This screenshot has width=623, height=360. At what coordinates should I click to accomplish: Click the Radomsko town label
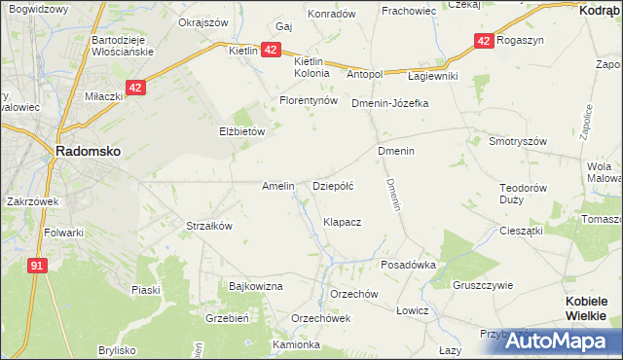click(x=88, y=152)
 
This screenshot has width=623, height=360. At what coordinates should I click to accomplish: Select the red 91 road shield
click(x=37, y=265)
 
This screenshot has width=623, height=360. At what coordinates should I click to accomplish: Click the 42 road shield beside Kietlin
click(x=272, y=50)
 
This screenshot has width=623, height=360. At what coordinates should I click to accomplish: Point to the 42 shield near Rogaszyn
click(x=484, y=41)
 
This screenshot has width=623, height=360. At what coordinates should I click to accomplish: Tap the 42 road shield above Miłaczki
click(x=135, y=88)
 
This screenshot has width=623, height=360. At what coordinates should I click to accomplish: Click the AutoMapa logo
click(x=562, y=341)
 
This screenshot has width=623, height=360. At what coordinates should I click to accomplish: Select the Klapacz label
click(x=343, y=222)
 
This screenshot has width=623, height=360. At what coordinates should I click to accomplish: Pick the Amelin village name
click(x=278, y=185)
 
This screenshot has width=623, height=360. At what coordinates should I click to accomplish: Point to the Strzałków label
click(x=208, y=226)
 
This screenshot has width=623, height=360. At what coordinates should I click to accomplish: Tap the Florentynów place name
click(x=308, y=100)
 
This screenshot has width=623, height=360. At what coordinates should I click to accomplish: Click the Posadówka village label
click(x=407, y=265)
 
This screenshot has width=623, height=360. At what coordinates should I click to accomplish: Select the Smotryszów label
click(x=519, y=140)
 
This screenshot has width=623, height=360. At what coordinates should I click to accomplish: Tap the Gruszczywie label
click(x=482, y=285)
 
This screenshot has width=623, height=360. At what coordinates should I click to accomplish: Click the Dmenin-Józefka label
click(x=389, y=102)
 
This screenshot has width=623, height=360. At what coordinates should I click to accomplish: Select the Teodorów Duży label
click(x=525, y=193)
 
